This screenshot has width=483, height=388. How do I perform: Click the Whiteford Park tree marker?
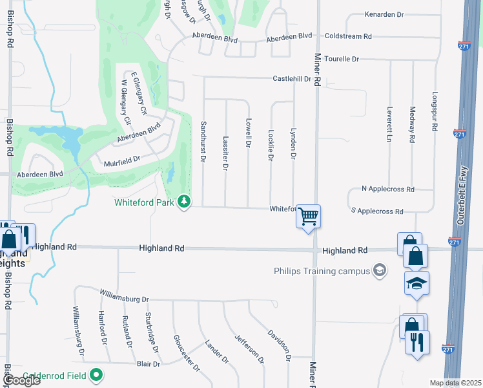tap(185, 202)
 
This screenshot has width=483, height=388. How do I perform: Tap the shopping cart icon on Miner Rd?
tap(309, 216)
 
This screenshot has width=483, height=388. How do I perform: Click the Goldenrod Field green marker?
tap(96, 374)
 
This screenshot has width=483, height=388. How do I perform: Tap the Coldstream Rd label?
tap(348, 37)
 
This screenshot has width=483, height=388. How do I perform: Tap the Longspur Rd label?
tap(435, 111)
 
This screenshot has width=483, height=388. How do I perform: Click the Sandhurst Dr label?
tap(203, 140)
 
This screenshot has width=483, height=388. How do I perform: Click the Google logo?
tap(21, 380)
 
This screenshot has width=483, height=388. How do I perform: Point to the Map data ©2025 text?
tap(455, 383)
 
